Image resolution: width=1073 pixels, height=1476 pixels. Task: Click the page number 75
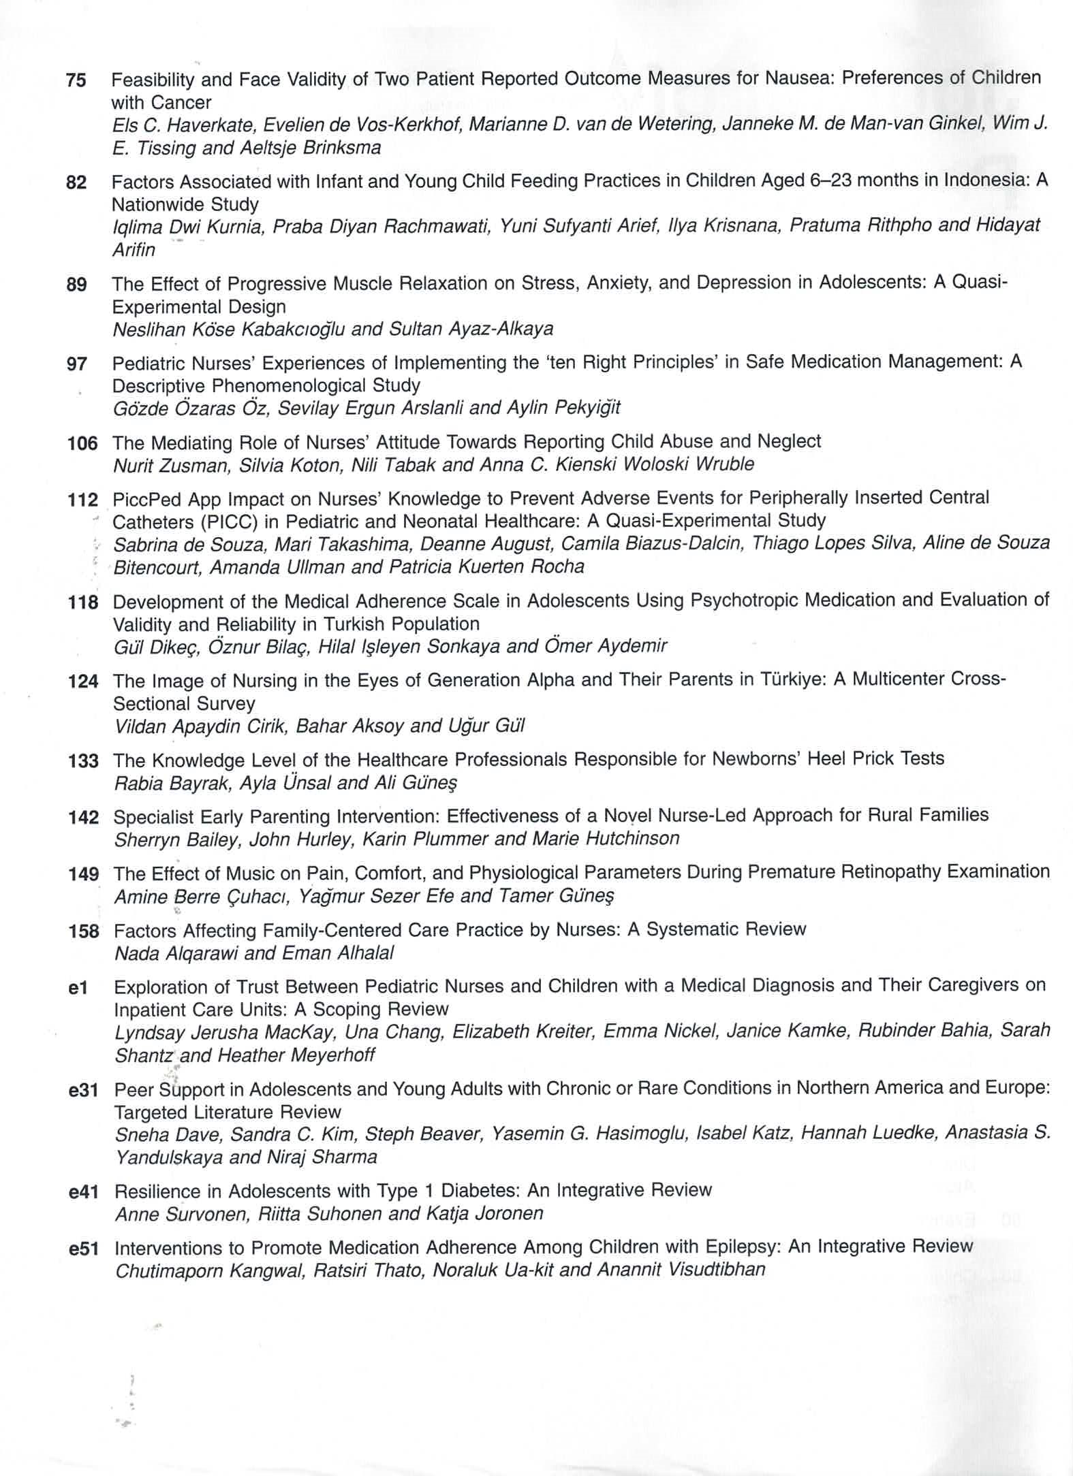[76, 80]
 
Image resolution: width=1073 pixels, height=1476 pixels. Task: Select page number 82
[76, 182]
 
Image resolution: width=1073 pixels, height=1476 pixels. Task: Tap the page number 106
[82, 444]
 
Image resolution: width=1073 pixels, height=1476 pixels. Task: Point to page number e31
[84, 1091]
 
